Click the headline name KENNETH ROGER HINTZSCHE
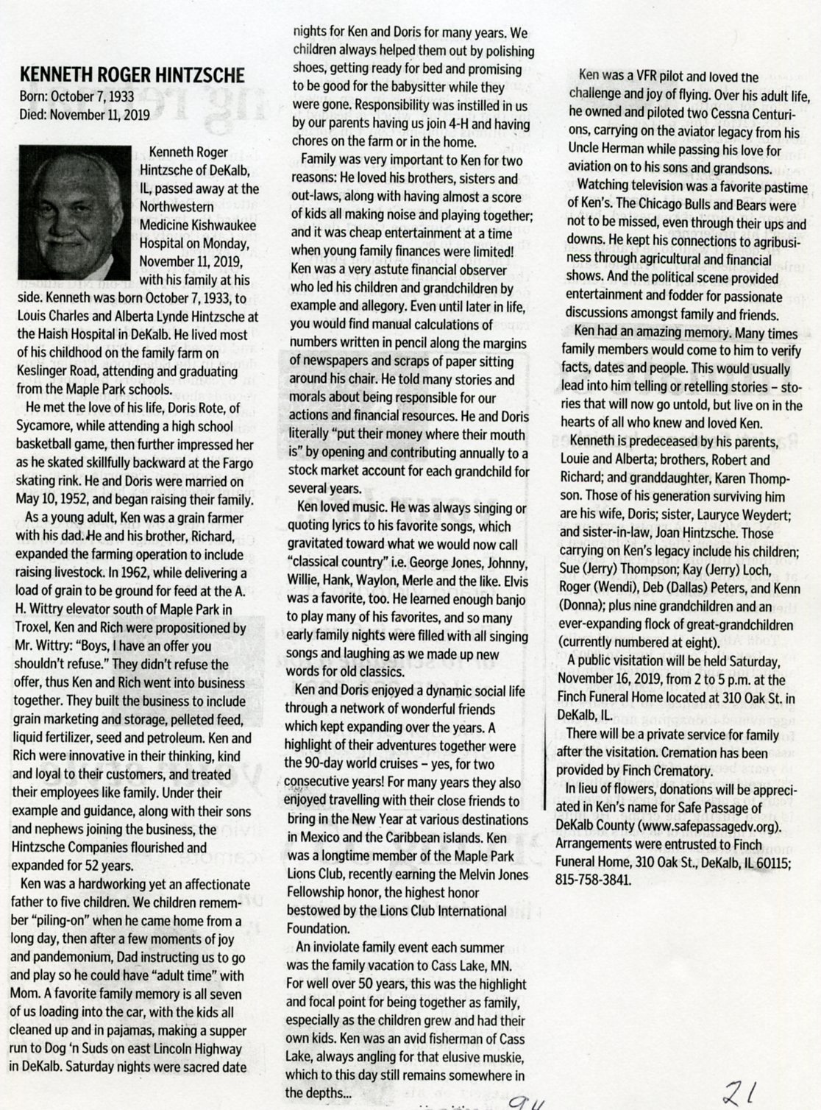point(132,76)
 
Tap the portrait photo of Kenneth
point(73,211)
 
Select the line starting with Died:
point(85,115)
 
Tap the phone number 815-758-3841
point(594,880)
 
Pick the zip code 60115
point(772,862)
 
